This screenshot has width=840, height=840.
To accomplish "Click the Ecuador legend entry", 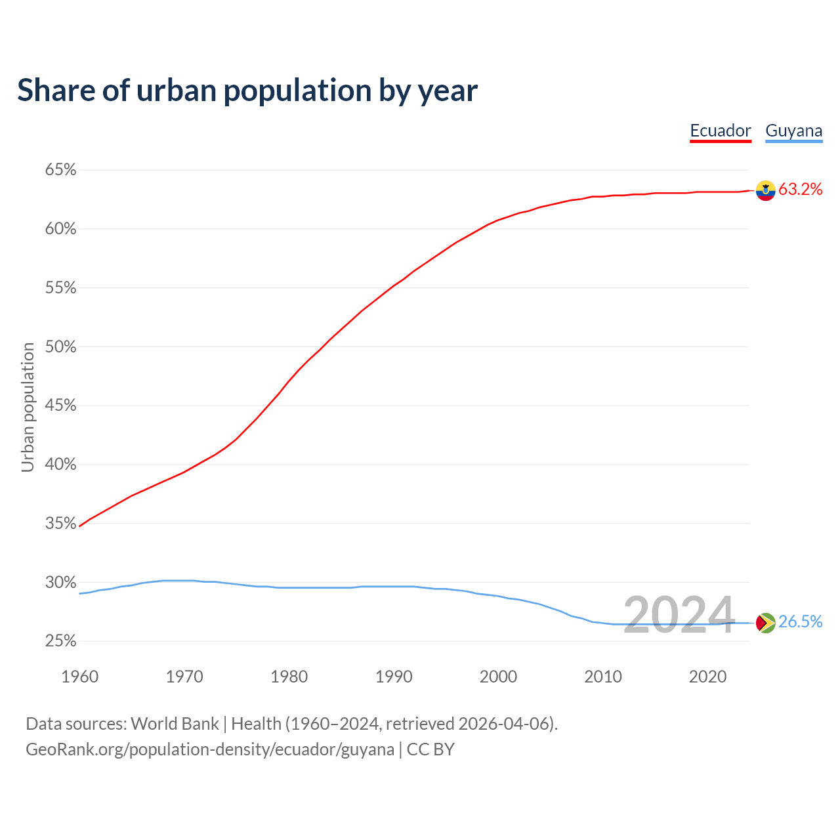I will (720, 131).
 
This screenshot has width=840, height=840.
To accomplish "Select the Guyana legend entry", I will (793, 131).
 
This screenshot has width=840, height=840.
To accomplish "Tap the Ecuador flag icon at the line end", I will (765, 190).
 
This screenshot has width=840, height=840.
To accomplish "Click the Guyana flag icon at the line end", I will (765, 623).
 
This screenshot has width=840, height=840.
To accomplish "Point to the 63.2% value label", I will (800, 190).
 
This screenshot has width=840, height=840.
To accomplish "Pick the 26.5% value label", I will (800, 622).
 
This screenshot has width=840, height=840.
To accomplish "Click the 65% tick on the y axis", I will (60, 170).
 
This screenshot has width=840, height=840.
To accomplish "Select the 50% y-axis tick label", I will (60, 346).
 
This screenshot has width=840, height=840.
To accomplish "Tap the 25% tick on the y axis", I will (60, 641).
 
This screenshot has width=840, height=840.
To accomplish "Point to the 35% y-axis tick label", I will (60, 524).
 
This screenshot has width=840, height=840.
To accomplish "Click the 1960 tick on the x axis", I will (79, 677).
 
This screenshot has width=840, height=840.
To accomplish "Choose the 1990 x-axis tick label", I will (394, 677).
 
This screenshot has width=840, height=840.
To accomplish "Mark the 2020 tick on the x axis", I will (707, 677).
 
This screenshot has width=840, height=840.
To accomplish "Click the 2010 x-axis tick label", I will (603, 677).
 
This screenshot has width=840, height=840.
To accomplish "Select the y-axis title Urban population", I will (28, 407).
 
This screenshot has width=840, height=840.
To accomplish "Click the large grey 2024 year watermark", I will (679, 616).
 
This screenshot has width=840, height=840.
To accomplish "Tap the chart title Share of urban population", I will (247, 90).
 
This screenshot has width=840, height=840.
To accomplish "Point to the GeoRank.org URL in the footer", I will (210, 749).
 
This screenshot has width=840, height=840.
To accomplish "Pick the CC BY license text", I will (430, 749).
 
